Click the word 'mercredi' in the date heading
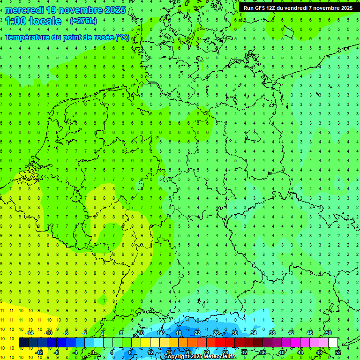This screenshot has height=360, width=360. pos(23,9)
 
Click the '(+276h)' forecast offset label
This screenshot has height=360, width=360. pos(83,21)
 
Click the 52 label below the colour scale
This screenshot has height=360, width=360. pos(338,352)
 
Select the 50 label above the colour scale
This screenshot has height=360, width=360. pos(328,333)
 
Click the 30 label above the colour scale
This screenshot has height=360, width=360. pos(234,333)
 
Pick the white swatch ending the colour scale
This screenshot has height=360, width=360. pos(333,343)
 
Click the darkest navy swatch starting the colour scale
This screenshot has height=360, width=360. pos(23,343)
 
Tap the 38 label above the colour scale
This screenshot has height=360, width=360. pos(272,333)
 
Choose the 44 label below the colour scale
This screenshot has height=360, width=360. pos(300,352)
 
